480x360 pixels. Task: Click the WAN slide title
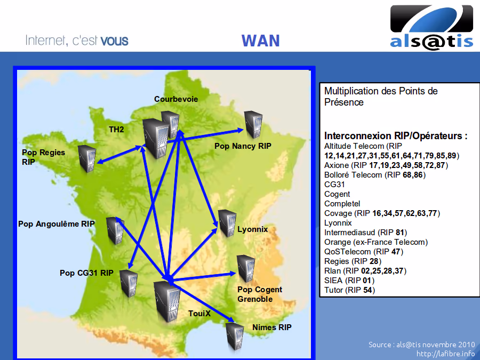tap(260, 41)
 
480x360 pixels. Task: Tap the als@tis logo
tap(431, 28)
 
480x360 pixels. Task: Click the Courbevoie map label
tap(176, 99)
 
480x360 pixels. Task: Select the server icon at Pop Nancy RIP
tap(253, 124)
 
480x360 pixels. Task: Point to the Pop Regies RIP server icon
tap(87, 158)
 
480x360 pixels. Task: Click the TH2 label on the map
tap(116, 130)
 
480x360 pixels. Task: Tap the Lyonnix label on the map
tap(253, 229)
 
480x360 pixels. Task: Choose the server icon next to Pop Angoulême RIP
tap(115, 230)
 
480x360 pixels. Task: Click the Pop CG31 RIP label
tap(86, 273)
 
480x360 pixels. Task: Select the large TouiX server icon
tap(167, 301)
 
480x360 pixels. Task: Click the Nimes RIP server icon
tap(235, 336)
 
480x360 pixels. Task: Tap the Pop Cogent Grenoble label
tap(260, 294)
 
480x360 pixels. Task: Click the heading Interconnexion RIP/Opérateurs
tap(396, 135)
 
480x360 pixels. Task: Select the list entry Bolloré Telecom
tap(353, 175)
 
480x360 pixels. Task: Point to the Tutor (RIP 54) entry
tap(349, 290)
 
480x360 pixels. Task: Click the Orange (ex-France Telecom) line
tap(376, 242)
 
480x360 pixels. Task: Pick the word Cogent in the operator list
tap(337, 194)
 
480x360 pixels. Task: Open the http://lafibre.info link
tap(446, 354)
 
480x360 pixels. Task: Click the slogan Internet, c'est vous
tap(77, 41)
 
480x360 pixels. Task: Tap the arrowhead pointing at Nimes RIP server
tap(230, 319)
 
